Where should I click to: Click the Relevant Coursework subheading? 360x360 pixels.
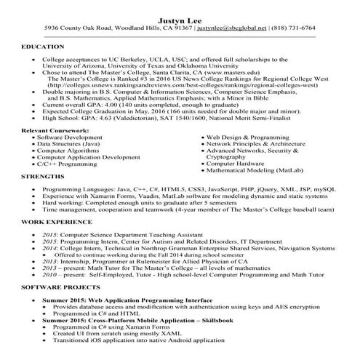point(56,129)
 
